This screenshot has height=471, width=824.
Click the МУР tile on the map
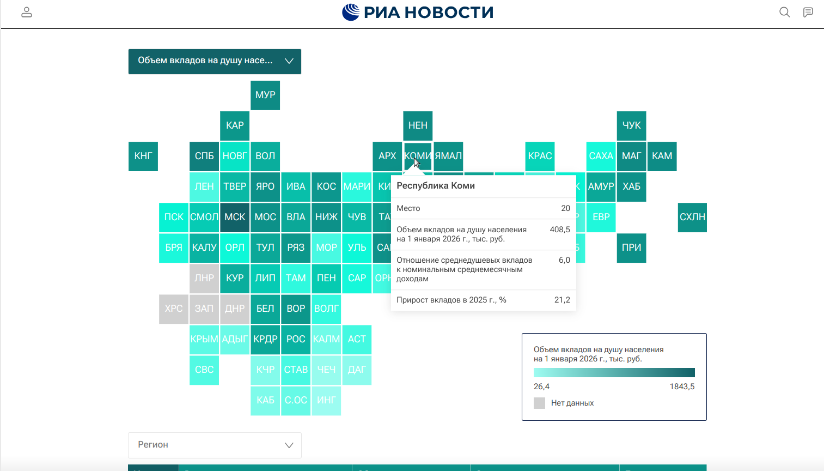coord(265,95)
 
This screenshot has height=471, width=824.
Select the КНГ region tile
coord(143,156)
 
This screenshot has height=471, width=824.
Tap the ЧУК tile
coord(631,125)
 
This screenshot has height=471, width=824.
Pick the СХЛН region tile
coord(692,217)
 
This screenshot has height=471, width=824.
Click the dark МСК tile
coord(235,217)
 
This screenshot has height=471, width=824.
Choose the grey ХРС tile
coord(174,309)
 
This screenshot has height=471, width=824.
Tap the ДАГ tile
coord(357,370)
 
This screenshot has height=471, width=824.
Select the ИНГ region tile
coord(326,400)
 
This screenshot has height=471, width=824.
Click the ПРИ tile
coord(631,247)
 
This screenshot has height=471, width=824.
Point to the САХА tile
coord(601,156)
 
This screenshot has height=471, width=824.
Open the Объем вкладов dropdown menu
coord(215,61)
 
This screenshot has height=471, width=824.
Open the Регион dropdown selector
coord(215,445)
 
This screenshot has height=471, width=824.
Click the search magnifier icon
coord(784,12)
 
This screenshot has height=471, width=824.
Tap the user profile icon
coord(27,12)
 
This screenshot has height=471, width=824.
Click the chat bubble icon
coord(808,12)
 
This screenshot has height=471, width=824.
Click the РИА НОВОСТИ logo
coord(418,12)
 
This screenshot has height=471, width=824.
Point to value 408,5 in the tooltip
coord(560,230)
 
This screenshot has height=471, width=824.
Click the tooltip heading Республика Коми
coord(436,185)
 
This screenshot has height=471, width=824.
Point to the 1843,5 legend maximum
coord(682,387)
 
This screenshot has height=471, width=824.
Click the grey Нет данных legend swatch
coord(539,403)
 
